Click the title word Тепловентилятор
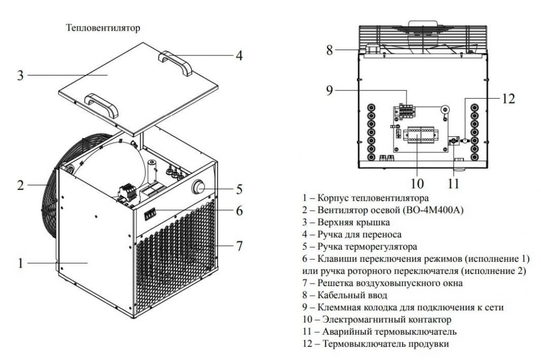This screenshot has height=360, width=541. coord(103,28)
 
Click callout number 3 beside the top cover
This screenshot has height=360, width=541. coord(20,75)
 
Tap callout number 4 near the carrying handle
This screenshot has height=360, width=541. coord(239,55)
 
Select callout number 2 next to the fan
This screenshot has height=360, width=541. coord(20,185)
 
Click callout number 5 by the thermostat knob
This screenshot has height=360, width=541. coord(239,189)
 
